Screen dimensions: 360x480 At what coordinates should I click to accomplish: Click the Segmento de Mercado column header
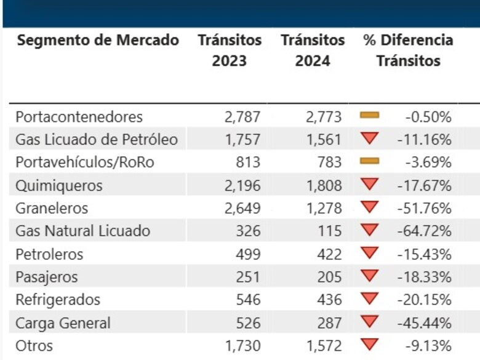(x=98, y=41)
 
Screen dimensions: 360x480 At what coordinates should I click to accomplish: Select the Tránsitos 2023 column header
(x=230, y=50)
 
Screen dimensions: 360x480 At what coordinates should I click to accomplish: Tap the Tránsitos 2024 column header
(x=313, y=50)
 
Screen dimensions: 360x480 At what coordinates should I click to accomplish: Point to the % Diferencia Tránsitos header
(x=408, y=50)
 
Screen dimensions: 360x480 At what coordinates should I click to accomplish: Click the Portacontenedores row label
(x=79, y=116)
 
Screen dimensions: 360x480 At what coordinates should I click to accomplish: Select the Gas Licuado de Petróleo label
(x=97, y=140)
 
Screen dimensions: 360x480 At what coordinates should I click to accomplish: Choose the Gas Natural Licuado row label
(x=82, y=231)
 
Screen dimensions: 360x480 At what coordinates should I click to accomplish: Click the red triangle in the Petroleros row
(x=369, y=253)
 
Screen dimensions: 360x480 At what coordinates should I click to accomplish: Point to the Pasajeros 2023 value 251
(x=248, y=277)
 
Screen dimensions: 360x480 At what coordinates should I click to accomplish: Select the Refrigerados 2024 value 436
(x=329, y=300)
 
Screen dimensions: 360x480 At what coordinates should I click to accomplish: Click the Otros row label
(x=34, y=345)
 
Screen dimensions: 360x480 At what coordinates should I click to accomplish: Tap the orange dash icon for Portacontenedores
(x=369, y=115)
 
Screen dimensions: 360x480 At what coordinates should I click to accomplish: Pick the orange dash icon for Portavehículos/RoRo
(x=369, y=161)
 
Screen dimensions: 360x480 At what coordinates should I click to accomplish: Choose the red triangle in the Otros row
(x=369, y=344)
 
